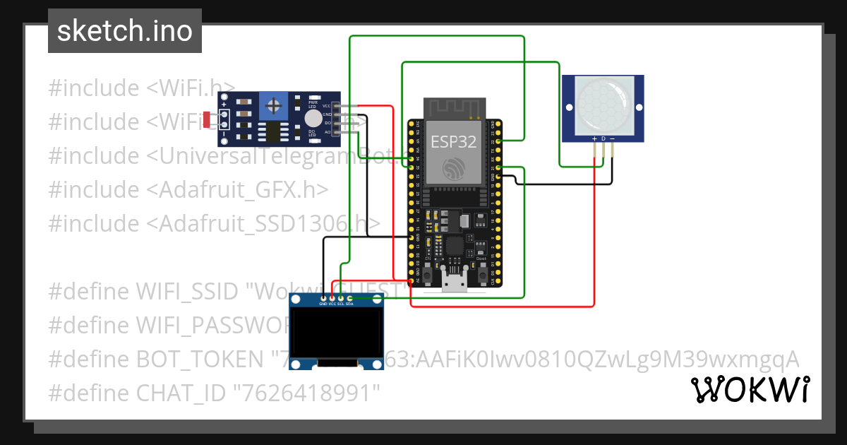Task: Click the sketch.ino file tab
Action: click(x=124, y=31)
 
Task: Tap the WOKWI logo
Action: click(x=750, y=389)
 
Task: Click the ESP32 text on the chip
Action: click(x=454, y=141)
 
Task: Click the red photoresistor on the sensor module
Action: click(x=207, y=120)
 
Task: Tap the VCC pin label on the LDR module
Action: click(x=326, y=105)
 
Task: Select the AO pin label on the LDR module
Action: click(x=327, y=132)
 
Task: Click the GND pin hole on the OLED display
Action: click(x=323, y=299)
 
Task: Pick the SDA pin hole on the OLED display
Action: click(x=350, y=299)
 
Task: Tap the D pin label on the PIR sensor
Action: click(x=603, y=138)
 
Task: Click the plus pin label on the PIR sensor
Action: click(x=595, y=138)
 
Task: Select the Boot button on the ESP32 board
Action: click(x=481, y=271)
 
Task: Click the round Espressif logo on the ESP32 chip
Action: click(x=454, y=168)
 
